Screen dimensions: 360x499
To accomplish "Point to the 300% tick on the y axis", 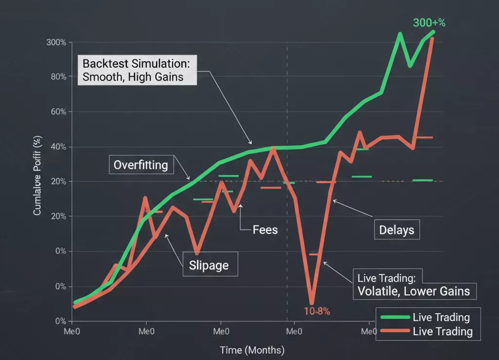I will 56,42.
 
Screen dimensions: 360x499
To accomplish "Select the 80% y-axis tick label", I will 58,77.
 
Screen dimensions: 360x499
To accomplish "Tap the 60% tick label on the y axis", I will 58,112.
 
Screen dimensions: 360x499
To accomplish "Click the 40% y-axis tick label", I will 58,147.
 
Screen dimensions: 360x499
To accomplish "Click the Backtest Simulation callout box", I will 137,70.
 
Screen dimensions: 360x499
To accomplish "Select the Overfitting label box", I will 140,165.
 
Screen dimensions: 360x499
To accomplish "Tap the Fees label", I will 265,229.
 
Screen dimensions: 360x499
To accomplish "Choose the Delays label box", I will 397,230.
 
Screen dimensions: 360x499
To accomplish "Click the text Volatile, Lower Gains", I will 413,291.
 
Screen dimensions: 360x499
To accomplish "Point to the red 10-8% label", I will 314,311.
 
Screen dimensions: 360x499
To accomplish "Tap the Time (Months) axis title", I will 252,350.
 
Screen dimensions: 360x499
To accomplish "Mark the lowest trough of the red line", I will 312,303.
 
